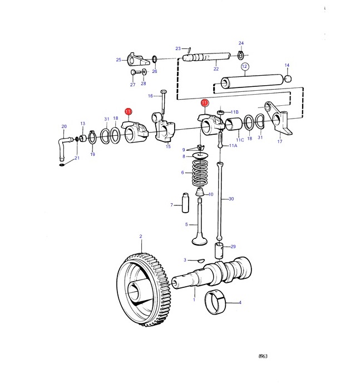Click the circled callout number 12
244,66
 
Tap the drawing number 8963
263,356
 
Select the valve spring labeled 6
200,173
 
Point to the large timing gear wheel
143,290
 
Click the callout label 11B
234,112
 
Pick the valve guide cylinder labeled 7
185,203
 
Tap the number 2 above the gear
141,236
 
